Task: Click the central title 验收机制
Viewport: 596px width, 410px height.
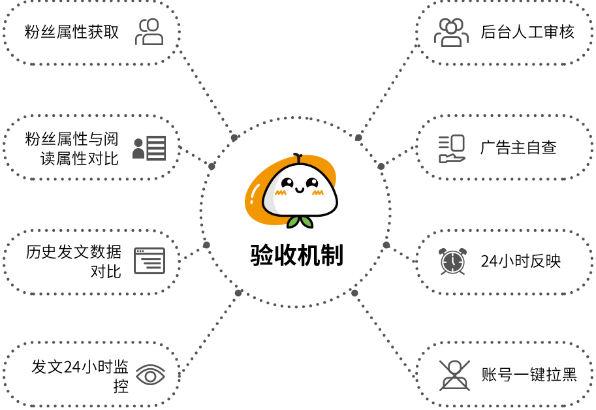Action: click(x=296, y=255)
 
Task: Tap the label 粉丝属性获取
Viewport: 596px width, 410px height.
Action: click(x=72, y=32)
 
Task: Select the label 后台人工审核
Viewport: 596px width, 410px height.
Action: click(x=527, y=32)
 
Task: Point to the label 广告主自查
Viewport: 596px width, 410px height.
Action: click(x=518, y=148)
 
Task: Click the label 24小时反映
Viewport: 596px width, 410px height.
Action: click(x=520, y=261)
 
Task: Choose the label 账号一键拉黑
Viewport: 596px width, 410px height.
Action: click(x=529, y=375)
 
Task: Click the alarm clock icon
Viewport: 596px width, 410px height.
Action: click(x=452, y=261)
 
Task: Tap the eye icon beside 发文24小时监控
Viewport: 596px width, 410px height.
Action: click(x=151, y=375)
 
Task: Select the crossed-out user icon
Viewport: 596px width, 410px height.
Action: click(x=454, y=375)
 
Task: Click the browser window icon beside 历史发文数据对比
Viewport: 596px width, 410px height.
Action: click(x=149, y=260)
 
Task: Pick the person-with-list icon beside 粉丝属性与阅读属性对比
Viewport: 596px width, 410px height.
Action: click(x=149, y=148)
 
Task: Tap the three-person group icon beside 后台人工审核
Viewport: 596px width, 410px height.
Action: click(x=451, y=32)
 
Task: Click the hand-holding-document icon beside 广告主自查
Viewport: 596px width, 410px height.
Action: click(x=452, y=149)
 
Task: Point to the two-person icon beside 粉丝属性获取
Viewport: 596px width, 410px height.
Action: click(x=149, y=32)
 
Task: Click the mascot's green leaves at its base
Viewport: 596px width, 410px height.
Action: click(x=300, y=222)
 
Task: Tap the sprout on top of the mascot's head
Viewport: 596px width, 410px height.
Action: click(x=298, y=158)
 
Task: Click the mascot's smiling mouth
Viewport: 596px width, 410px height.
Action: click(x=300, y=189)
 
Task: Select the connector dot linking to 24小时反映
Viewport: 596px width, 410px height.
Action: click(x=386, y=245)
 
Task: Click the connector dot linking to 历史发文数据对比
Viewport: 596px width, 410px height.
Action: click(x=206, y=245)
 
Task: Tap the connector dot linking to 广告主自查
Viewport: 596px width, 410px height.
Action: click(x=381, y=166)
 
